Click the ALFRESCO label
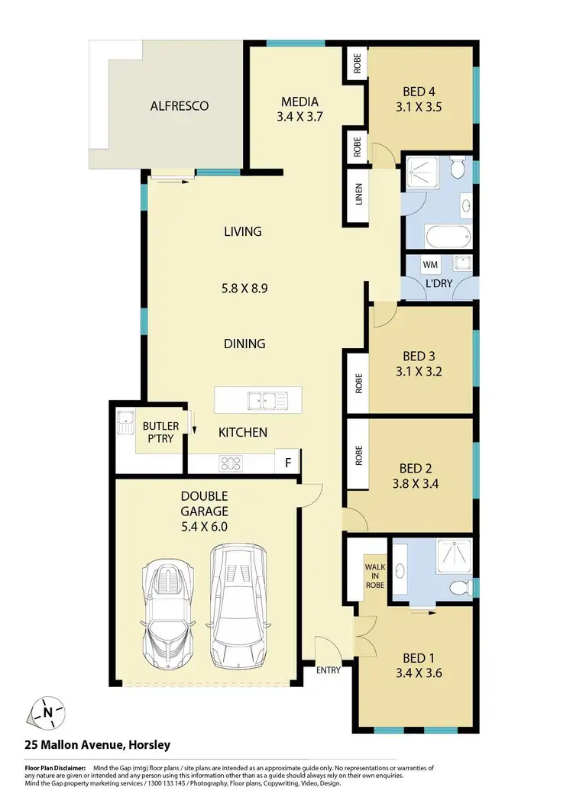pos(180,106)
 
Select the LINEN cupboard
pos(358,195)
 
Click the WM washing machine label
pos(431,265)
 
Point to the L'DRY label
pos(438,283)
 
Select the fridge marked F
pos(288,463)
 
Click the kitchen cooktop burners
pos(231,462)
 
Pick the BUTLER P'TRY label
pos(160,433)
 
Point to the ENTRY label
pos(329,670)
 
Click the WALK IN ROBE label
pos(374,576)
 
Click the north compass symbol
pos(47,713)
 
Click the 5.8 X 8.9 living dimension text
pos(244,289)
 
